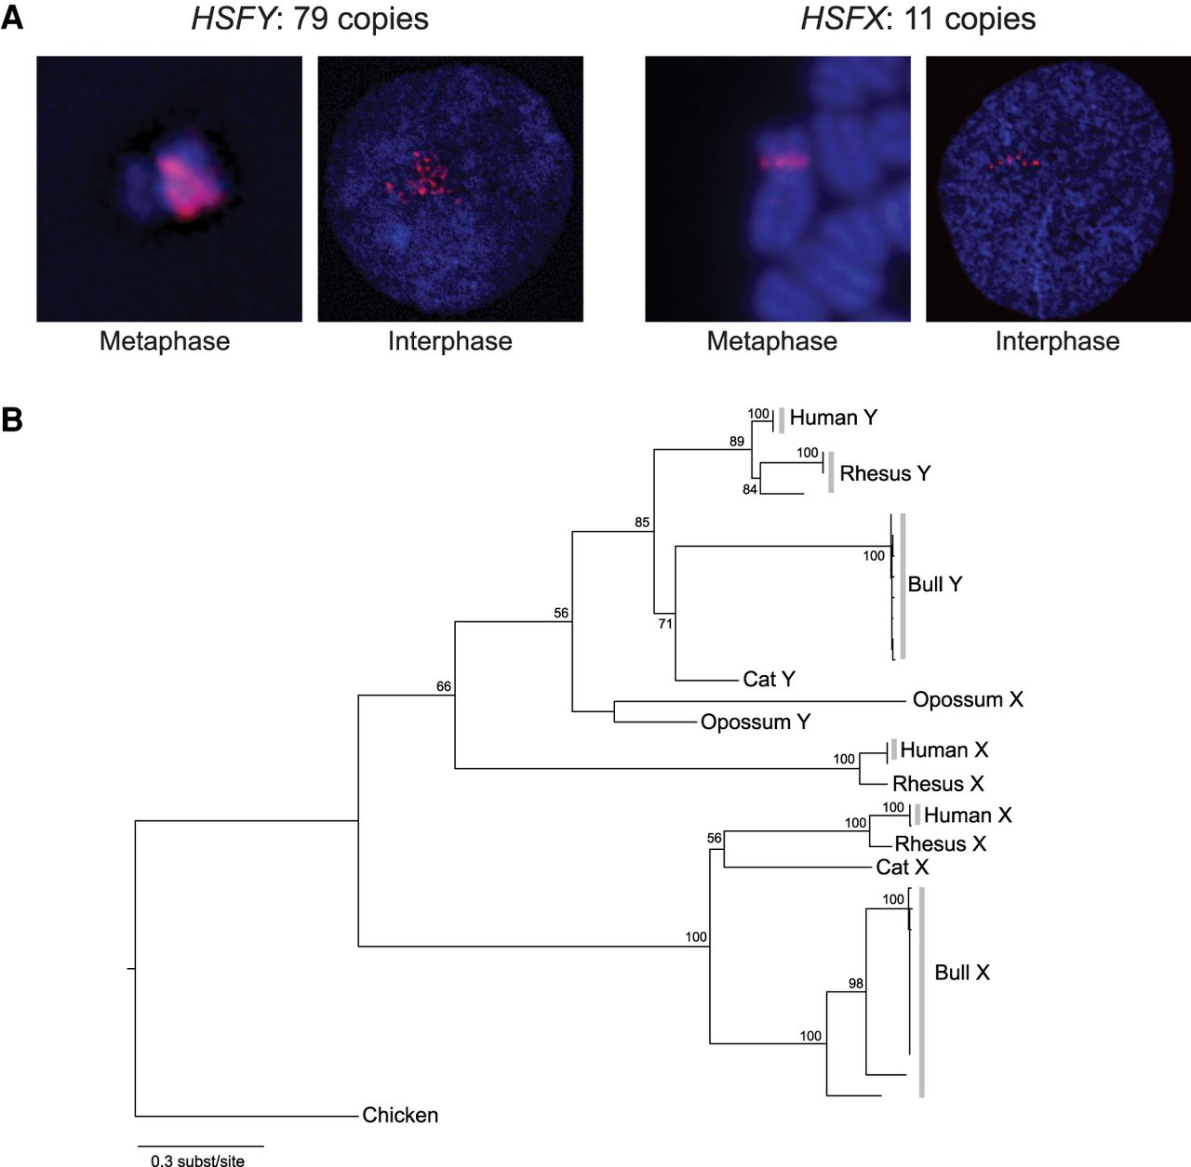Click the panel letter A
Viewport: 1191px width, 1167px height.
[12, 20]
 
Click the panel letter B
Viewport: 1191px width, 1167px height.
[12, 420]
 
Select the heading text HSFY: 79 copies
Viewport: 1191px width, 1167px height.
[310, 20]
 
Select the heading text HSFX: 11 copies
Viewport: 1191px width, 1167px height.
[917, 20]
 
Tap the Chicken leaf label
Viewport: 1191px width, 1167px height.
[400, 1115]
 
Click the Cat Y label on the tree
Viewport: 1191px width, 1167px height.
[769, 679]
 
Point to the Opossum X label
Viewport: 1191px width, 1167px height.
[968, 699]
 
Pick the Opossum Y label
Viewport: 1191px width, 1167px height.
[756, 722]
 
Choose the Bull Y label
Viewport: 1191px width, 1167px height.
[935, 584]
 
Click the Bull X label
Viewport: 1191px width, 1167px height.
[962, 973]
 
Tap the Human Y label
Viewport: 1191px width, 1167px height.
[833, 418]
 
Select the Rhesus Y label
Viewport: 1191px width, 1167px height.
[885, 473]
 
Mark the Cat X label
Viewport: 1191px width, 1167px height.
[903, 868]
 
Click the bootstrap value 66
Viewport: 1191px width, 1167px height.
[444, 686]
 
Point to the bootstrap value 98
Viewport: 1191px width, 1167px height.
[856, 983]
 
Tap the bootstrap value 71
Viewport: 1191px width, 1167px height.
[665, 624]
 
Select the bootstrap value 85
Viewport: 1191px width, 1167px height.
[642, 523]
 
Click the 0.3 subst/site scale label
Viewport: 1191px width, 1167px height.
[198, 1160]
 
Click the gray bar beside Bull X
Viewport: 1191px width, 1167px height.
[921, 992]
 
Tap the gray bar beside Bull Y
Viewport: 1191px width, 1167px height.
[903, 586]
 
